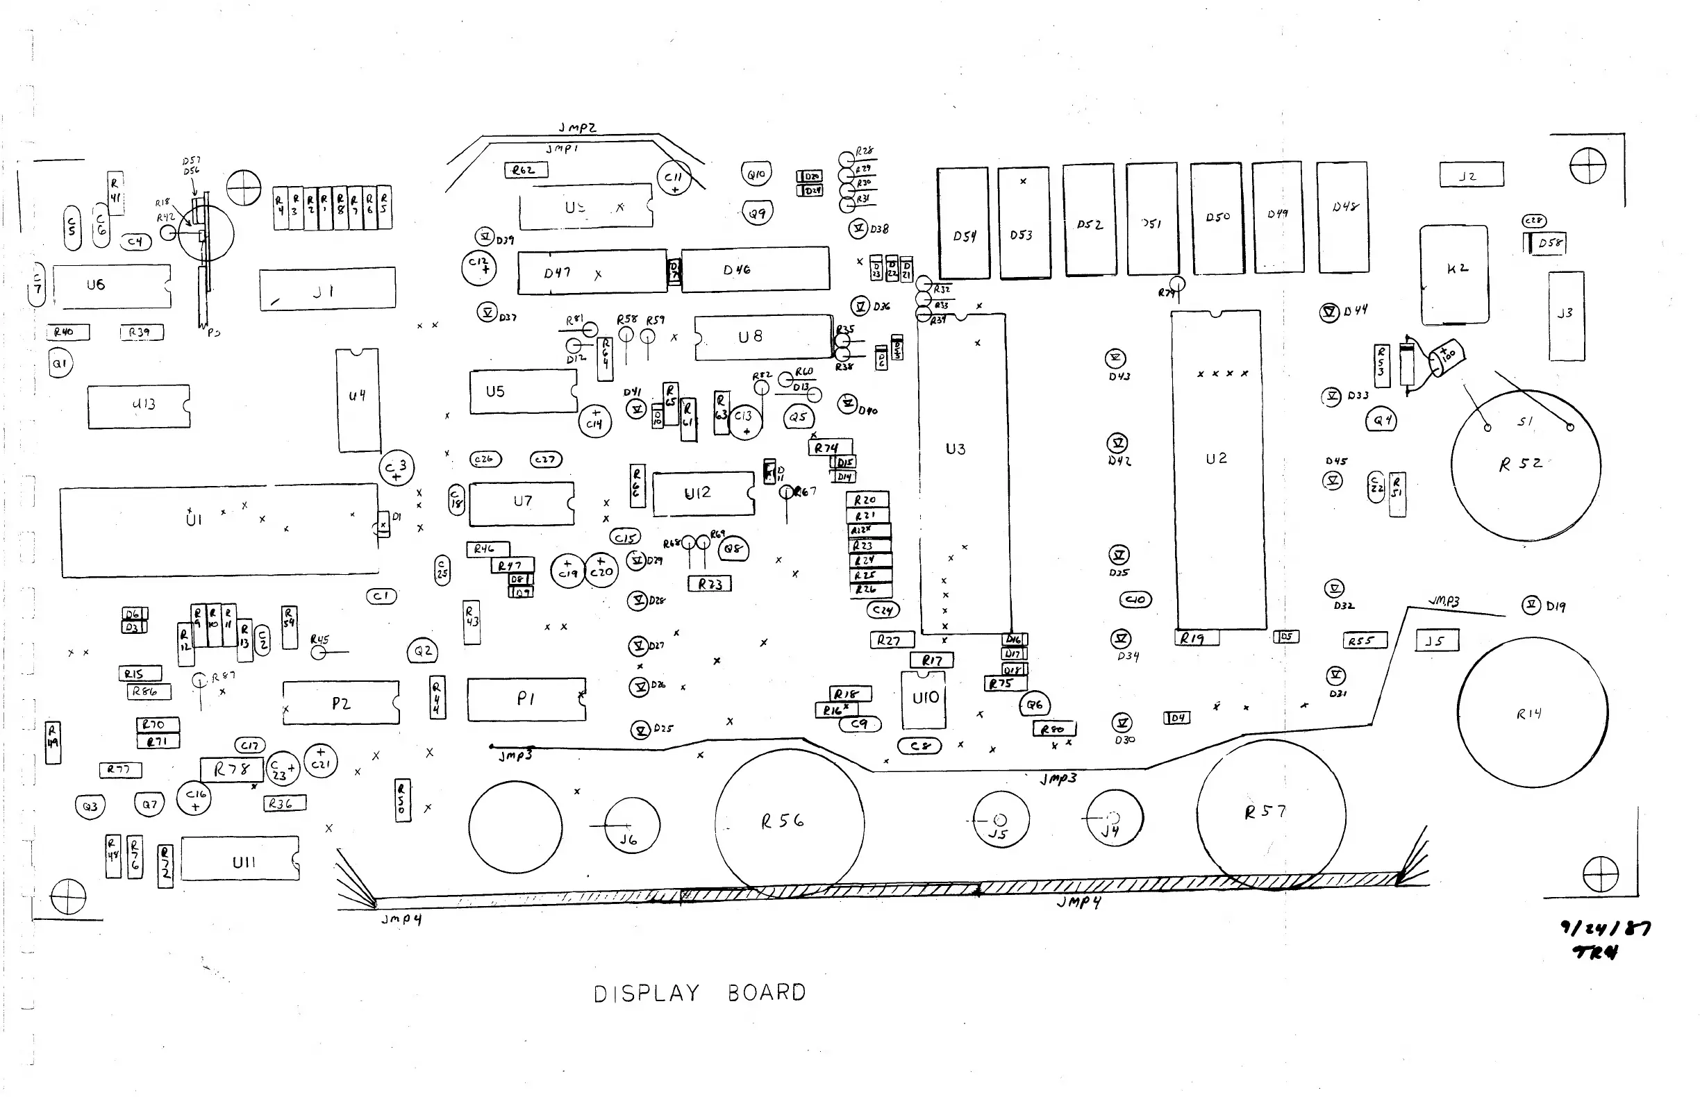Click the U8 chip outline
click(x=762, y=336)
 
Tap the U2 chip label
click(x=1216, y=459)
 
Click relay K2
click(x=1453, y=274)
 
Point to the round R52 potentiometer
click(x=1526, y=465)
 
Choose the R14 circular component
click(x=1532, y=712)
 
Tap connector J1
click(x=327, y=290)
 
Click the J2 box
click(x=1472, y=175)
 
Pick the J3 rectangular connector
click(x=1565, y=316)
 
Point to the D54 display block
click(x=963, y=224)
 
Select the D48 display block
click(x=1342, y=217)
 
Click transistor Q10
click(x=756, y=174)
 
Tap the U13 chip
click(x=139, y=406)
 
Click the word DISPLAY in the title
click(x=647, y=993)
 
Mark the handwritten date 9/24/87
click(x=1606, y=928)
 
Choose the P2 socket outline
click(x=340, y=703)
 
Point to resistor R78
click(x=231, y=769)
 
